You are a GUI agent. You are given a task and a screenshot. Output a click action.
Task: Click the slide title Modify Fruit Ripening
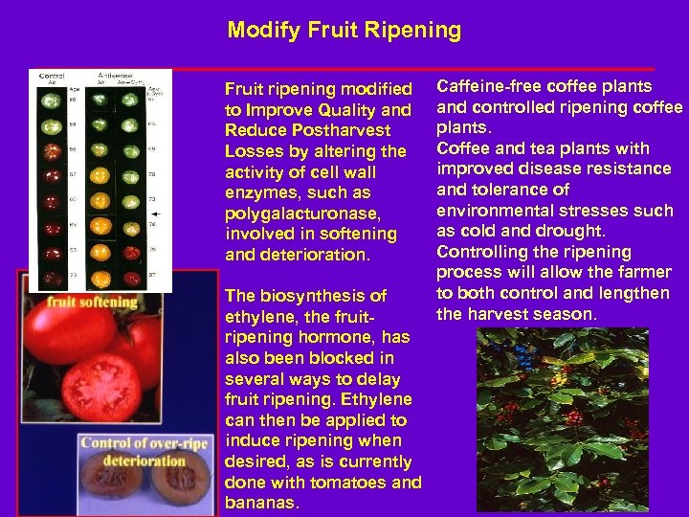coord(344,31)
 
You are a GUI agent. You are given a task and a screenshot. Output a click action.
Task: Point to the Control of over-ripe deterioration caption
coord(135,451)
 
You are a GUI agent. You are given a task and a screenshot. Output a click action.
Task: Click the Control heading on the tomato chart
coord(51,75)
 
